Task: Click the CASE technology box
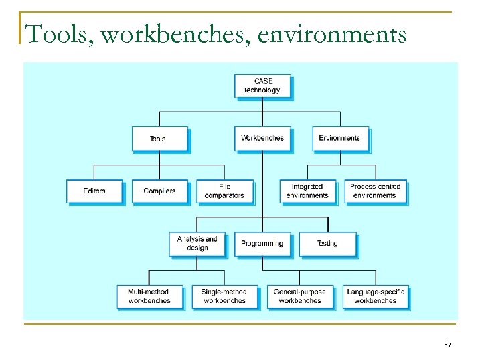click(x=262, y=86)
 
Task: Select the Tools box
click(x=159, y=139)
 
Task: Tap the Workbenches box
click(x=262, y=138)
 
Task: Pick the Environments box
click(x=339, y=138)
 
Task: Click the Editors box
click(x=94, y=191)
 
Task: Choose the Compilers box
click(x=159, y=191)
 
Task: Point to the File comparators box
click(x=225, y=191)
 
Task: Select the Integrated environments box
click(x=307, y=191)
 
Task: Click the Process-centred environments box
click(x=375, y=191)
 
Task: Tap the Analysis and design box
click(x=197, y=244)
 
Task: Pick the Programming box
click(x=262, y=244)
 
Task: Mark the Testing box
click(x=327, y=244)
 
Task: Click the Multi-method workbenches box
click(x=149, y=296)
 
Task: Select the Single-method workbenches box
click(x=224, y=296)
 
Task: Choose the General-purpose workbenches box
click(x=300, y=296)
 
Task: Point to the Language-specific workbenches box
click(x=376, y=296)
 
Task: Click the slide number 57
click(x=447, y=345)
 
